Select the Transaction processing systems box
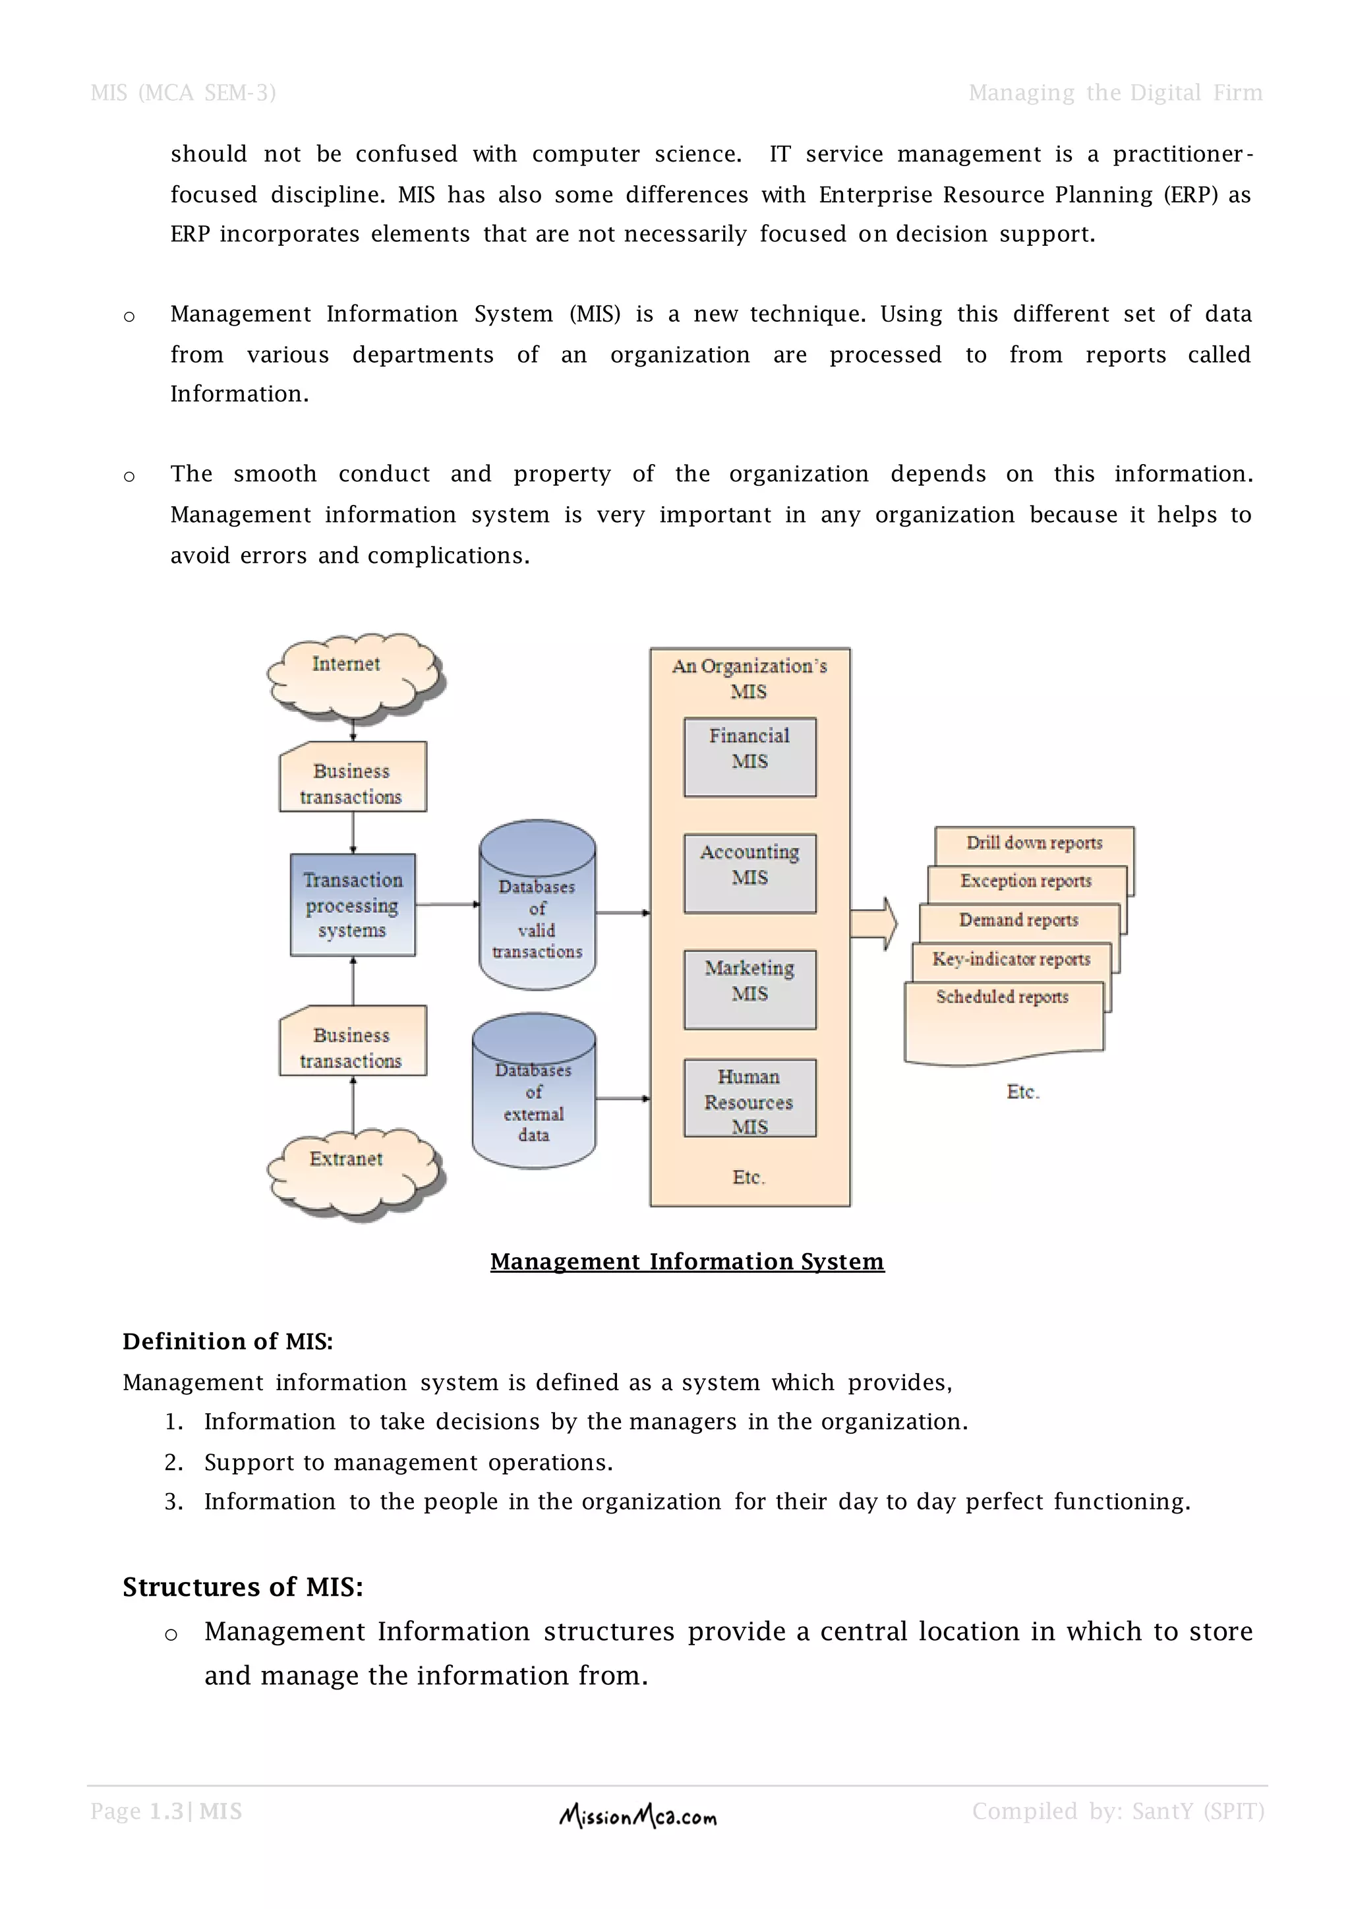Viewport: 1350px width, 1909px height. click(353, 904)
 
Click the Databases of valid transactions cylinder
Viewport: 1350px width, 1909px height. click(537, 906)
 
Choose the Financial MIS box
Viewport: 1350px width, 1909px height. click(749, 757)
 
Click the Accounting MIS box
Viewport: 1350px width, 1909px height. click(749, 873)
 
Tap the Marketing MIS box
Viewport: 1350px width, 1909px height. click(749, 989)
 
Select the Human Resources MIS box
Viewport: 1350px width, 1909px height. click(749, 1098)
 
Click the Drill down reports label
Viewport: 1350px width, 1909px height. click(1034, 843)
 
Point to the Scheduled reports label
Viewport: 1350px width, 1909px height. click(1003, 997)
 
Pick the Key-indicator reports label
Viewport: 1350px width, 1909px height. click(1011, 958)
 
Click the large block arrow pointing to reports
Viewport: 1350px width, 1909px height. click(873, 923)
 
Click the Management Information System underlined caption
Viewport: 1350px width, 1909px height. click(687, 1261)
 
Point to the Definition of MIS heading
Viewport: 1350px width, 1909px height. click(228, 1341)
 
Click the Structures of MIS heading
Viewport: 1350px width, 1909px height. click(243, 1587)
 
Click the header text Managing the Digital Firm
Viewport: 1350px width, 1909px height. click(1115, 93)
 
